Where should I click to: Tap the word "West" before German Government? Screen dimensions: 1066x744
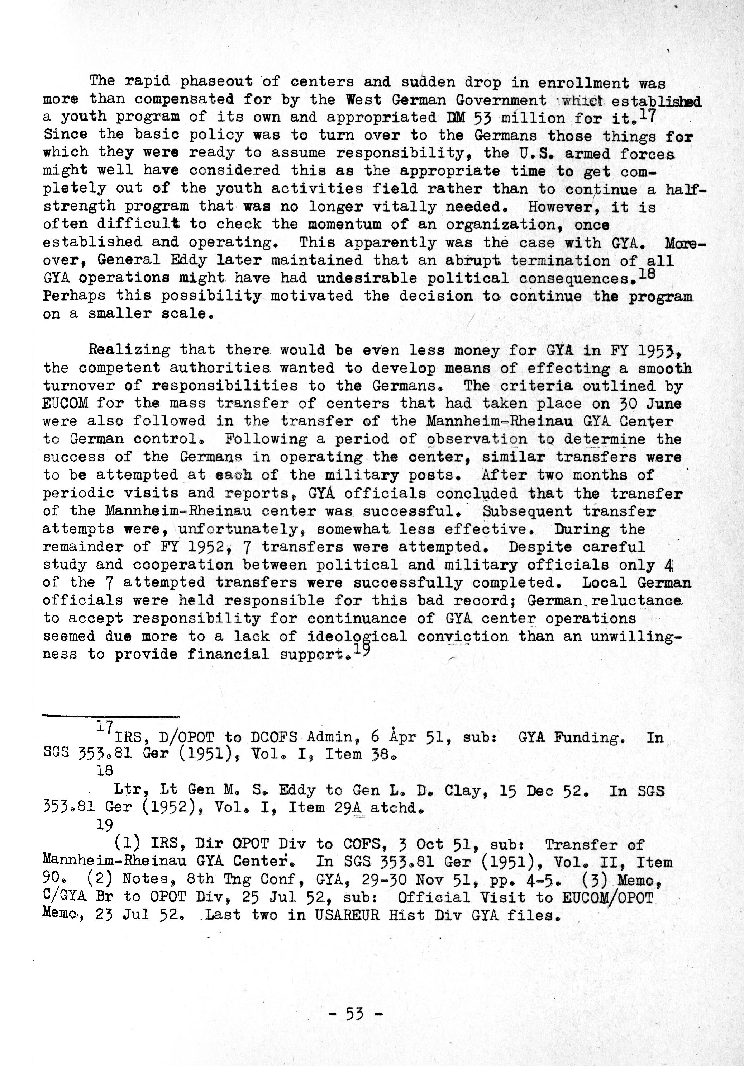pyautogui.click(x=364, y=100)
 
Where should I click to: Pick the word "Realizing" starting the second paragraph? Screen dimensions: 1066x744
pyautogui.click(x=129, y=349)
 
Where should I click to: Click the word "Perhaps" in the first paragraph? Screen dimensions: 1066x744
pyautogui.click(x=74, y=296)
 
